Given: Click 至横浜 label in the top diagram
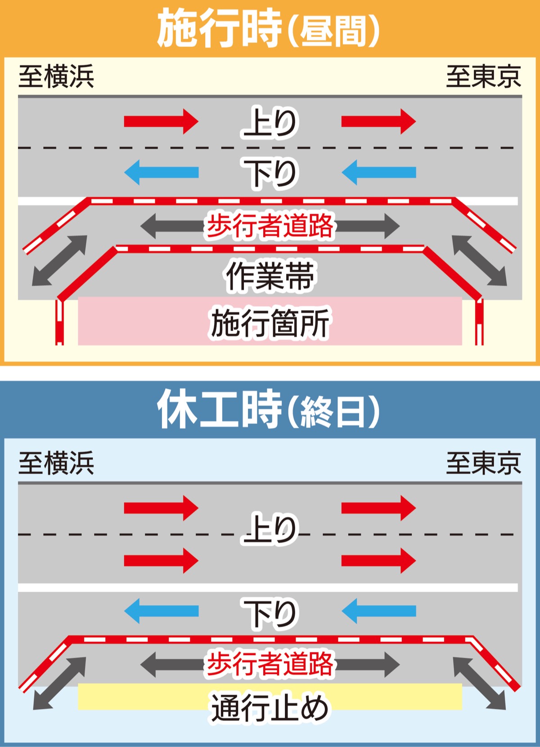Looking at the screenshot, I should click(x=56, y=76).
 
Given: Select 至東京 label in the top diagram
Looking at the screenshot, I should click(x=483, y=76).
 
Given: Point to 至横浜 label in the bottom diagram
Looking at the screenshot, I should click(x=56, y=463).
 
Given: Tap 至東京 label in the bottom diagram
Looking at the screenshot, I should click(x=483, y=463).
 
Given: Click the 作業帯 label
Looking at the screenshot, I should click(x=270, y=276).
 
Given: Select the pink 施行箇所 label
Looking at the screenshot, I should click(x=270, y=322).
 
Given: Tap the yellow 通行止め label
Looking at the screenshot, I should click(x=270, y=707).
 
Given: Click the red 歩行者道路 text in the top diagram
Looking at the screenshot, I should click(x=270, y=225).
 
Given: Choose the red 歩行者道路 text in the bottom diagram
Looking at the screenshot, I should click(x=270, y=664).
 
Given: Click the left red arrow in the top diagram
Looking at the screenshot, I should click(x=161, y=121).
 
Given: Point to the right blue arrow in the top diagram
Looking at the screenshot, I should click(x=379, y=172).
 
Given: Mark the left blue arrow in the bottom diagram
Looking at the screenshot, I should click(x=161, y=611).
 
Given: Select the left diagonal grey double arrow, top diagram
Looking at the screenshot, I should click(x=59, y=260).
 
